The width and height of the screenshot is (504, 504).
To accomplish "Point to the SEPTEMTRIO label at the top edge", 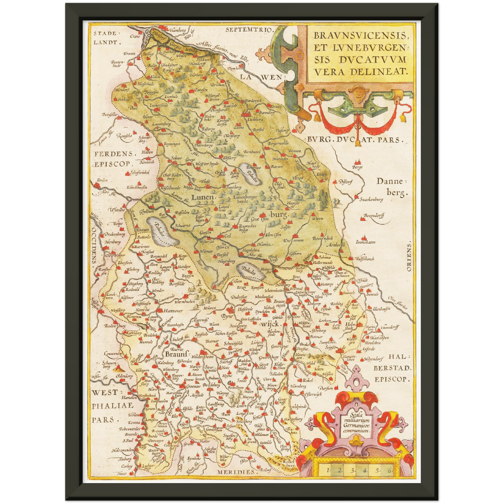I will coord(248,30).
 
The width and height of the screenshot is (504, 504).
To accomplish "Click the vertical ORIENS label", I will coord(408,257).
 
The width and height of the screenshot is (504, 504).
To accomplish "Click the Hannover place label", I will coord(173,311).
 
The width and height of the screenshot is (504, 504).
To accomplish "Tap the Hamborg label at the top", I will coord(177,30).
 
